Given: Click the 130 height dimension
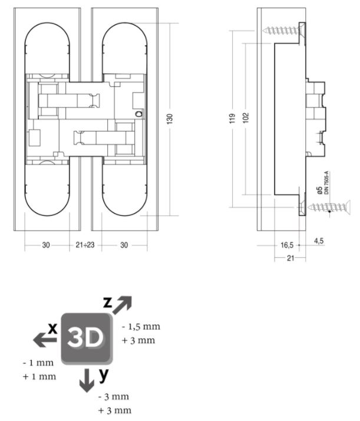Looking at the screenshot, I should coord(170,119).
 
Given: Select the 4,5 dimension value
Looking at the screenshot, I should coord(319,241).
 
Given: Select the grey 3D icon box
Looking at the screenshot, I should coord(85,337).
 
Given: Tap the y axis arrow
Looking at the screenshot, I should coord(87,381).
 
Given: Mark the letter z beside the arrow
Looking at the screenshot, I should coord(107,302).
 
